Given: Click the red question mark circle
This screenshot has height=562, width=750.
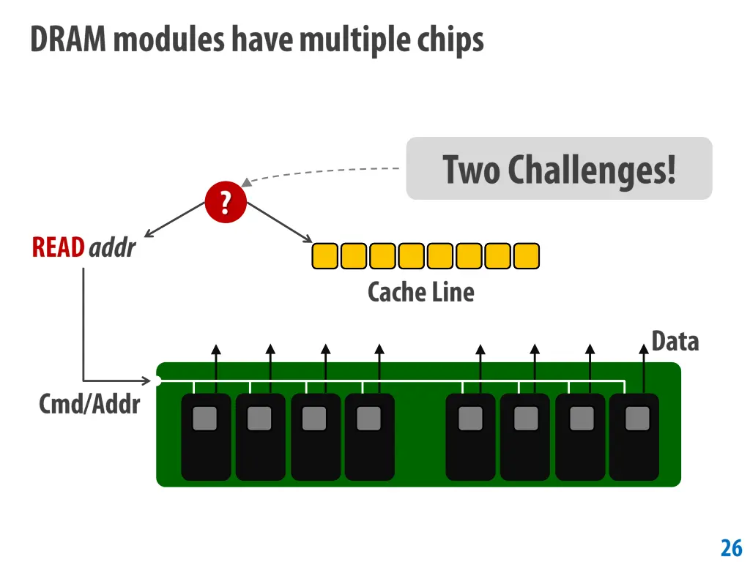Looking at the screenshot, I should (x=226, y=203).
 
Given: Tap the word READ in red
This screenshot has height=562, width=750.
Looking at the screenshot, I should (x=58, y=248).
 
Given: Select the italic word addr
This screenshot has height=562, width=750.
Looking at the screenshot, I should (x=112, y=248).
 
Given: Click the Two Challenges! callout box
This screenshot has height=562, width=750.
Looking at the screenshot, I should (x=559, y=168).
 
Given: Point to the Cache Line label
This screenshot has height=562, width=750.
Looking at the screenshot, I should (x=420, y=292).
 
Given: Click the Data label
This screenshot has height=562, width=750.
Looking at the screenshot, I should (x=675, y=341).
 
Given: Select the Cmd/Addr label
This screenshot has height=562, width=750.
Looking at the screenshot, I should (x=89, y=403).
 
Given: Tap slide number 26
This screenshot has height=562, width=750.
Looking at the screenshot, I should (x=731, y=547).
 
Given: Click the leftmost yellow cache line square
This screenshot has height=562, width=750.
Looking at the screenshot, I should (x=324, y=256).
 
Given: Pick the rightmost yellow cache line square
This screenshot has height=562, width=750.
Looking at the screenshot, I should (x=527, y=256).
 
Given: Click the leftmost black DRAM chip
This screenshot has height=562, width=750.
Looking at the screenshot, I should (x=206, y=437).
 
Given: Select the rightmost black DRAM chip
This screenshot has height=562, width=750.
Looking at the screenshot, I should (x=634, y=437).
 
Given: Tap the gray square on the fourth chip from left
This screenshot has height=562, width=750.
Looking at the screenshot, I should (x=369, y=419).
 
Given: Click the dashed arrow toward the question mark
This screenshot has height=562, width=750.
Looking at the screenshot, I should (x=322, y=173).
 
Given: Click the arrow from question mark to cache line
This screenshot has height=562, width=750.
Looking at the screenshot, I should (x=281, y=222).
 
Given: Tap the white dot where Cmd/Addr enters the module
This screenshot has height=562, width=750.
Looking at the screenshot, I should (x=157, y=381).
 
